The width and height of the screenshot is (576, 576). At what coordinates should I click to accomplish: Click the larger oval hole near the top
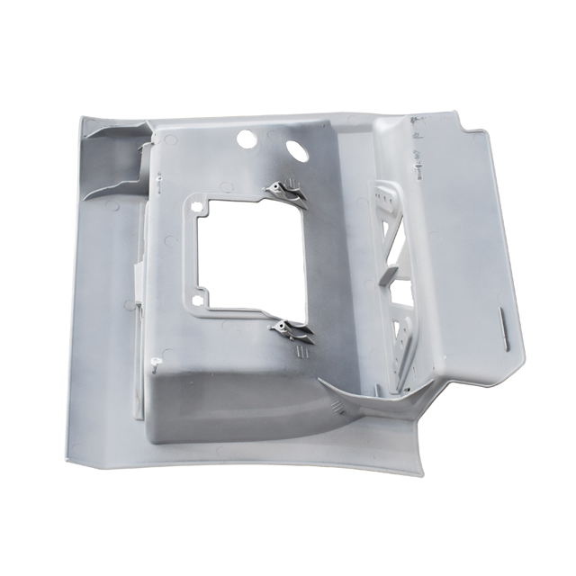click(x=294, y=148)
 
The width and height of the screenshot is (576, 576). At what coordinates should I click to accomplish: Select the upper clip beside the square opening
click(x=285, y=192)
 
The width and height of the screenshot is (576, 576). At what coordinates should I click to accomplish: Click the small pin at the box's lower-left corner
click(x=156, y=364)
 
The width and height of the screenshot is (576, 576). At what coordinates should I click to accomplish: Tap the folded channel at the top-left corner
click(x=112, y=157)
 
